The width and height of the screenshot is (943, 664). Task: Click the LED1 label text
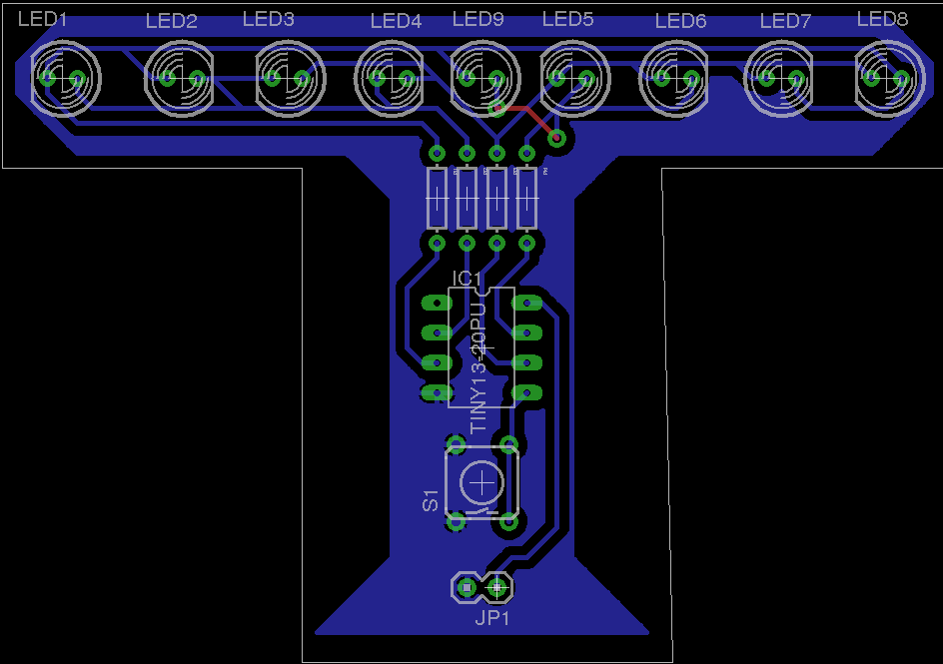click(x=42, y=19)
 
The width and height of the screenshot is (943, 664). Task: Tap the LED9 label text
click(x=477, y=19)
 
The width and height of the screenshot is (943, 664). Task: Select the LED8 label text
click(x=882, y=19)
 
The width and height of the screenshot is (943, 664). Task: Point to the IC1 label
click(x=468, y=278)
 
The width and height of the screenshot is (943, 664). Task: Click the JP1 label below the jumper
click(x=492, y=618)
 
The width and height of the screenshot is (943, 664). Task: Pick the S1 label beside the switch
click(x=431, y=500)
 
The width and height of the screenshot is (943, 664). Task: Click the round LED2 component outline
click(x=181, y=76)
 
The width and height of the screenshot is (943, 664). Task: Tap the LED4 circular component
click(x=391, y=76)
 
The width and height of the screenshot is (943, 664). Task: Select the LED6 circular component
click(x=674, y=76)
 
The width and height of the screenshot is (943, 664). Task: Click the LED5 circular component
click(x=575, y=76)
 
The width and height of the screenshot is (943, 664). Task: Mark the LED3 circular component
click(x=290, y=76)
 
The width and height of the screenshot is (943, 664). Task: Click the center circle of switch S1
click(x=482, y=483)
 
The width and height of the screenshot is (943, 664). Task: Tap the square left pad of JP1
click(x=466, y=588)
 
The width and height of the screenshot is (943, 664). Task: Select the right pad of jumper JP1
click(x=497, y=588)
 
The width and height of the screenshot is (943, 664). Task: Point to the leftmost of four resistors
click(x=437, y=198)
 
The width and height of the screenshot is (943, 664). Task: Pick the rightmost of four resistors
click(x=526, y=198)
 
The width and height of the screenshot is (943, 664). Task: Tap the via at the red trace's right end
click(x=557, y=138)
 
